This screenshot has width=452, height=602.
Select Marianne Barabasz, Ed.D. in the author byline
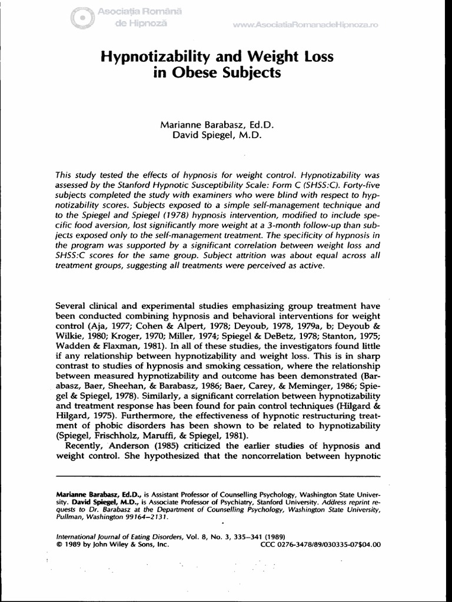[218, 125]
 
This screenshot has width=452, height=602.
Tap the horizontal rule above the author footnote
[218, 474]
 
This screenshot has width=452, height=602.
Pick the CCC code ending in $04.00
[321, 545]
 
